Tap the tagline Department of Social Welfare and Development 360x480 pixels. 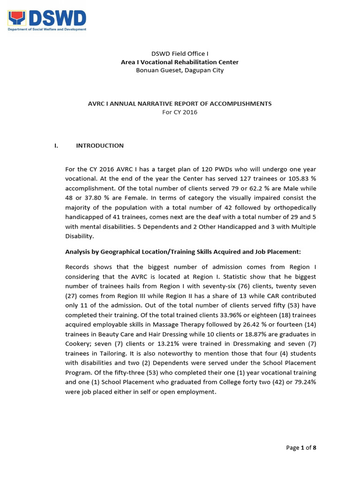point(47,30)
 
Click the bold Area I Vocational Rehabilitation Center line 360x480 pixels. point(180,62)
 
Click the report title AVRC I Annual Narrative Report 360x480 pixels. point(180,103)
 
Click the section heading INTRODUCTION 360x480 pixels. point(100,145)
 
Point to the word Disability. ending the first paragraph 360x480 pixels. point(79,237)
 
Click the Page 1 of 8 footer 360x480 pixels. point(301,448)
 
